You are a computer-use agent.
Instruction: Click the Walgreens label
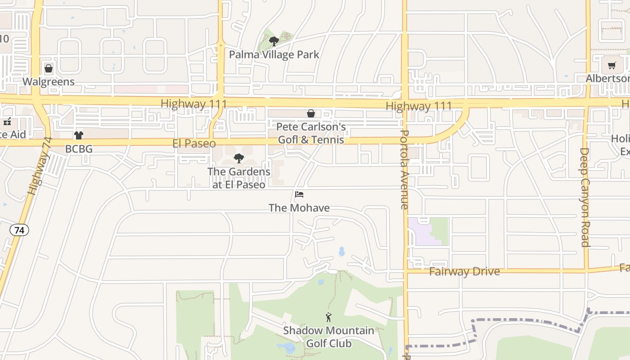[x=49, y=81]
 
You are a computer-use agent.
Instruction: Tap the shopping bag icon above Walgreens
[x=49, y=69]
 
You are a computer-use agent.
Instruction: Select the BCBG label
[x=79, y=148]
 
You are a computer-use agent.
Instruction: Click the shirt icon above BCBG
[x=79, y=135]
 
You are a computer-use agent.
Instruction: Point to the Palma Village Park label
[x=274, y=55]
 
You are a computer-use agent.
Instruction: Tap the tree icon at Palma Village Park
[x=274, y=41]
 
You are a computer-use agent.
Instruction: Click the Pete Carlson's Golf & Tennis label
[x=311, y=133]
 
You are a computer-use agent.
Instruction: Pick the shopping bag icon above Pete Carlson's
[x=311, y=113]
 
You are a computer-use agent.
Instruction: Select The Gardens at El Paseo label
[x=239, y=178]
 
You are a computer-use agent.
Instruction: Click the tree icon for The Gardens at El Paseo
[x=239, y=158]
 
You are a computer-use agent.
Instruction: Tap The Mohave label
[x=299, y=208]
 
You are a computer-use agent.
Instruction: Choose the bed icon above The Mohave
[x=299, y=194]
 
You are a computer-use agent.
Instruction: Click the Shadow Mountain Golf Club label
[x=328, y=337]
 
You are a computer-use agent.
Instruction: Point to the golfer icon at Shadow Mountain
[x=328, y=317]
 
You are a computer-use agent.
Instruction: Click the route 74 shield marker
[x=19, y=230]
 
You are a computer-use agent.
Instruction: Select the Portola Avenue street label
[x=404, y=170]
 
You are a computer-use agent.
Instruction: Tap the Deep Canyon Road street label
[x=585, y=197]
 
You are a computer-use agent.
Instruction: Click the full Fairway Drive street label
[x=464, y=271]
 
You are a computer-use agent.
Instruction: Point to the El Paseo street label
[x=194, y=144]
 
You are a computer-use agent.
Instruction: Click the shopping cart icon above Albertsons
[x=612, y=66]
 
